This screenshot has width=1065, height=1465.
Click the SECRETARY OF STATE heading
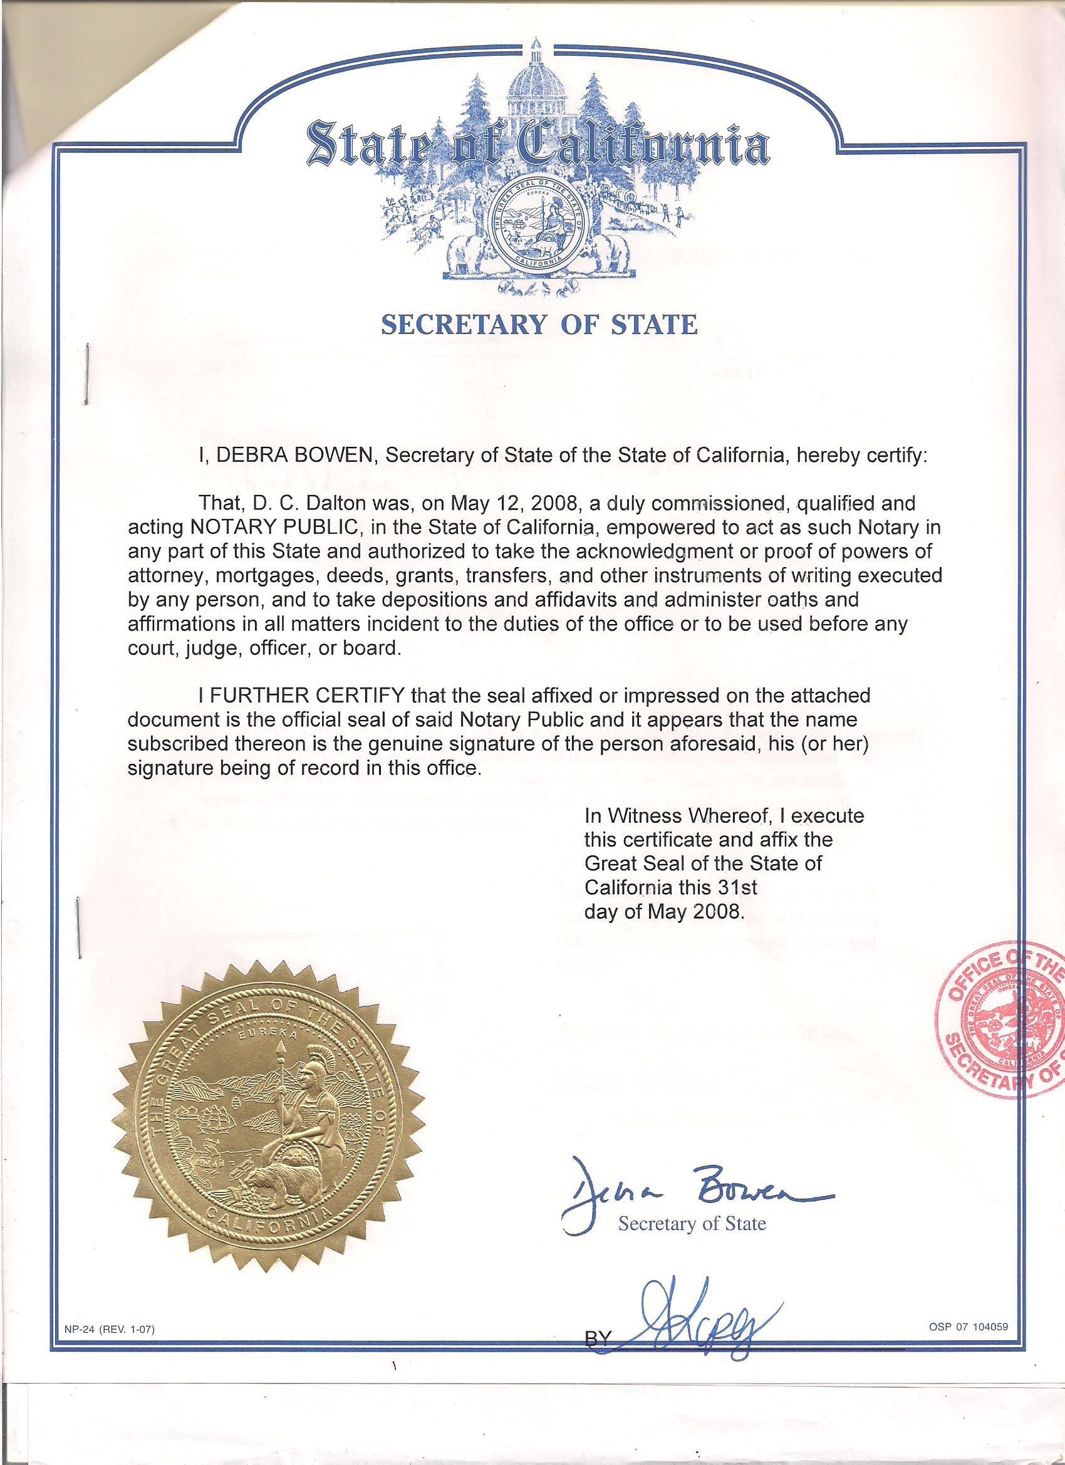tap(539, 323)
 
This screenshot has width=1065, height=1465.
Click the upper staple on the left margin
tap(86, 375)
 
